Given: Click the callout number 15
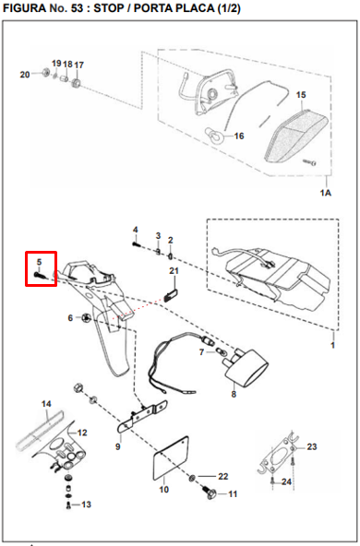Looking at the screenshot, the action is coord(301,95).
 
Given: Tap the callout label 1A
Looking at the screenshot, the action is coord(326,193).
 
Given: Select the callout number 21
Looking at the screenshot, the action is coord(174,270).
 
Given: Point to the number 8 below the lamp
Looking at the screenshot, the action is coord(234,394).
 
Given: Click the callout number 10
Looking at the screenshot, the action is coord(163,489).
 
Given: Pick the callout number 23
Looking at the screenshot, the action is coord(312,446).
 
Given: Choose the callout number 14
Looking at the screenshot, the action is coord(46,404).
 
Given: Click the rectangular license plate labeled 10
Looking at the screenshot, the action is coord(172,457).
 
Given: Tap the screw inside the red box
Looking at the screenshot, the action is coord(39,275).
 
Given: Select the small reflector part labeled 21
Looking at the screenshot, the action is coord(171,296).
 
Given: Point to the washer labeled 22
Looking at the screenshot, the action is coord(192,478).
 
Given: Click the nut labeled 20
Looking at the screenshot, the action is coord(45,73).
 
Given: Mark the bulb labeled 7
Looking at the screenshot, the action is coord(220,350).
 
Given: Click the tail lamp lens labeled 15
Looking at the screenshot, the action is coord(296,136).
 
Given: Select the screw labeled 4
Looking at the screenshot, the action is coord(136,244).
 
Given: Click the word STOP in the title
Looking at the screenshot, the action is coord(108,8).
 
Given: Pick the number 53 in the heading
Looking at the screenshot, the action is coord(77,8).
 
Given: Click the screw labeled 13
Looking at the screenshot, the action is coord(68,504).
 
